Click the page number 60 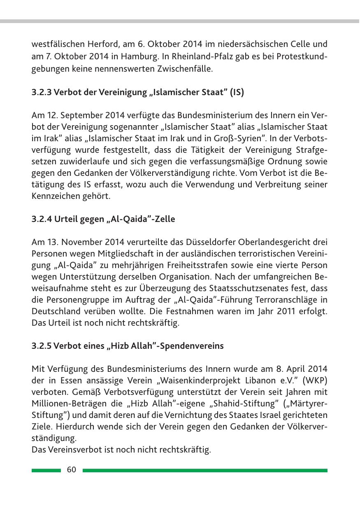pos(72,470)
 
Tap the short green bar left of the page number pos(46,470)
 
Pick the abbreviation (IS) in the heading pos(237,93)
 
